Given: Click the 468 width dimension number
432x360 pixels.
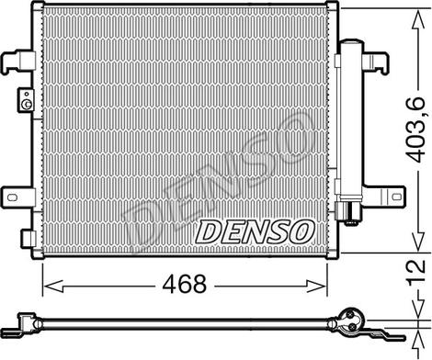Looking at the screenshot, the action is point(185,284).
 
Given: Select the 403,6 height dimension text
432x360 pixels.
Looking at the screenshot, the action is point(416,129).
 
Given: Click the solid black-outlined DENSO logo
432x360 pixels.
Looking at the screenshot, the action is point(256,231).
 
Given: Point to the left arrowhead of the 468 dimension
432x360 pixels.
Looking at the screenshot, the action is point(53,287).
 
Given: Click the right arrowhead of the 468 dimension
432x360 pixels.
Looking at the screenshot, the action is point(316,287).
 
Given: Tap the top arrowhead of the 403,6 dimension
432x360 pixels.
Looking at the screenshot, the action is point(418,19).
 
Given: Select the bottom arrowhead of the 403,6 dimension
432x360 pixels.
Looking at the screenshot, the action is point(418,242).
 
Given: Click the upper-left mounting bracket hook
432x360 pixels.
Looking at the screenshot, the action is point(17,61).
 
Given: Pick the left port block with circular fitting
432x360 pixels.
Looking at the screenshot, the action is point(26,100).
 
